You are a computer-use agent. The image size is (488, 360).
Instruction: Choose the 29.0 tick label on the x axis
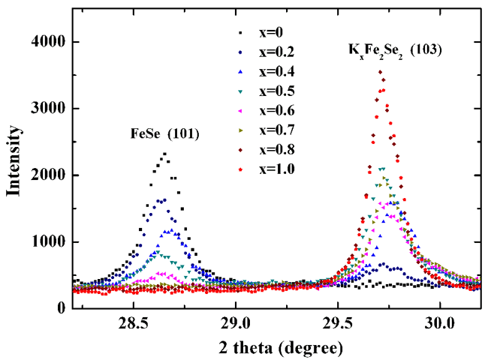(236, 323)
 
